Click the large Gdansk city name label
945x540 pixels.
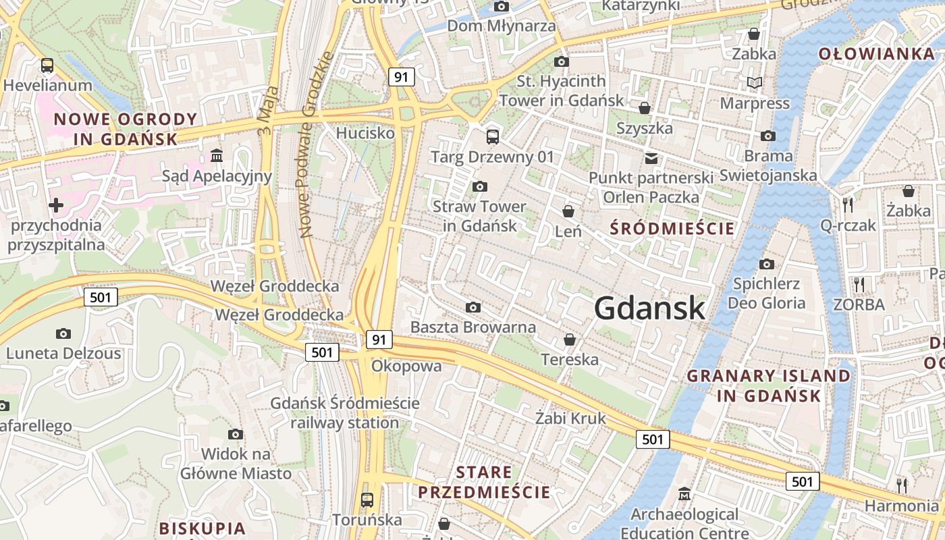[x=650, y=308]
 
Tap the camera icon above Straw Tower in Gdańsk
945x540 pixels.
[x=480, y=186]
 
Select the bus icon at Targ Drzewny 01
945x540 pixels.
[x=493, y=136]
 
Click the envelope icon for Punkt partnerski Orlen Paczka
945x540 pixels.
[x=651, y=159]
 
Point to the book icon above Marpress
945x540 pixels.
[x=754, y=82]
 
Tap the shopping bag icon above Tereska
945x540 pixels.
[x=570, y=339]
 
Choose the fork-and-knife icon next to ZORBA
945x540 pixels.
[x=859, y=284]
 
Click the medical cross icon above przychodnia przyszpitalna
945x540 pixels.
[x=56, y=205]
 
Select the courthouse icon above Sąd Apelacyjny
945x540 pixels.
[x=217, y=156]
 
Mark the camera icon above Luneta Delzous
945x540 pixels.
[x=63, y=333]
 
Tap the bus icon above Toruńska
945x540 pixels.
[x=367, y=500]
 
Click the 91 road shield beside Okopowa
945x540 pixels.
[x=379, y=339]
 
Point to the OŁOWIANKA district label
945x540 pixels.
[x=876, y=54]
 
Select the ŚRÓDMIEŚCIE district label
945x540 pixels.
[x=672, y=228]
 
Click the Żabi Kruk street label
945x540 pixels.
[x=570, y=418]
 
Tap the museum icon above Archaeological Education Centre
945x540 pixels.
[x=684, y=494]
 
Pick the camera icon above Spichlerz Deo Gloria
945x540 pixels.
[x=766, y=264]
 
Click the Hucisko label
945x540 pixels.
[x=365, y=133]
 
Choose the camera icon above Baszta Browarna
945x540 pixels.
[x=473, y=308]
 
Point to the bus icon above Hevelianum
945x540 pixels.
[x=47, y=65]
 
